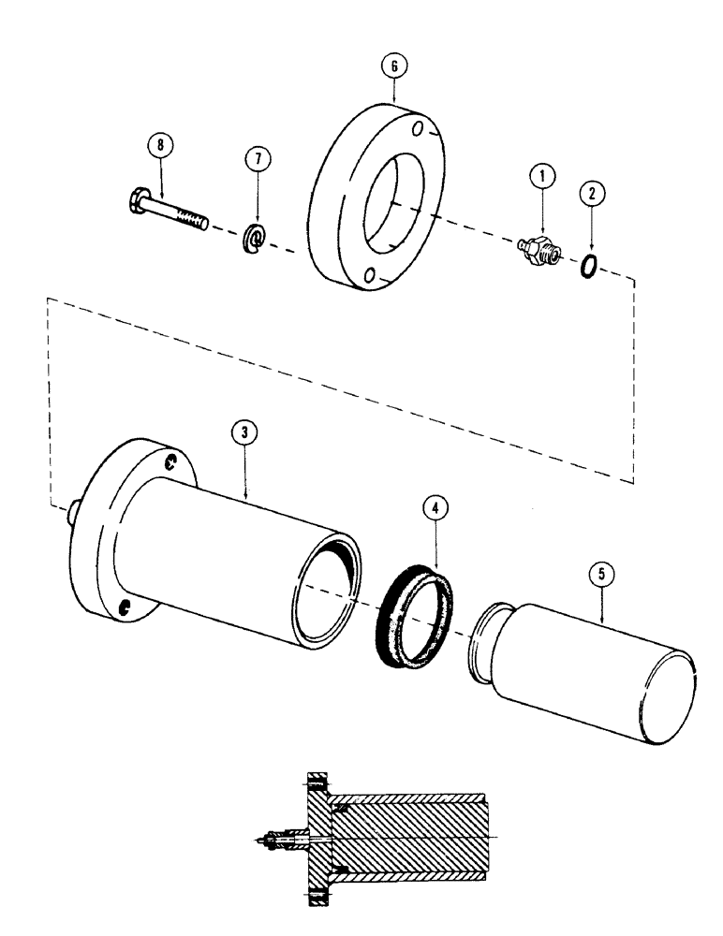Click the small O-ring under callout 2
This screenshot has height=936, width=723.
(588, 268)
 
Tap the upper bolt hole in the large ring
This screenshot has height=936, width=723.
(419, 127)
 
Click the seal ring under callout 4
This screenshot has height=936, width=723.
(419, 612)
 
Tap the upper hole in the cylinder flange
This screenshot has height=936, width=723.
(170, 462)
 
